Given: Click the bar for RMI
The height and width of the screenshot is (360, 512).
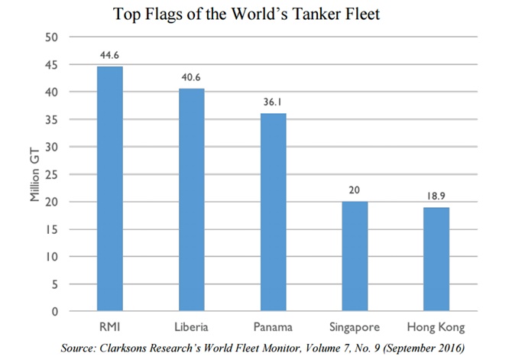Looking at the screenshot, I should pyautogui.click(x=109, y=189).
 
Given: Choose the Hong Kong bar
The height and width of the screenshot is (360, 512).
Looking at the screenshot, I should pyautogui.click(x=436, y=260).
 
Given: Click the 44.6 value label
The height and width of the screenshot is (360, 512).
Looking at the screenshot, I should pyautogui.click(x=109, y=55).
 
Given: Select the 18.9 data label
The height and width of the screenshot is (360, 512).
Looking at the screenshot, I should pyautogui.click(x=436, y=196).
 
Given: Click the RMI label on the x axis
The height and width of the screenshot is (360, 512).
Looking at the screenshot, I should pyautogui.click(x=109, y=327).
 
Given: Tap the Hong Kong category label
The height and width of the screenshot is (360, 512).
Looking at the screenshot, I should pyautogui.click(x=436, y=327).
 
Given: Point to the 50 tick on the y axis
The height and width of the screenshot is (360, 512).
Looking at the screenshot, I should pyautogui.click(x=52, y=37).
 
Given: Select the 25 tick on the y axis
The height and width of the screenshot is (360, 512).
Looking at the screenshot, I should pyautogui.click(x=52, y=174).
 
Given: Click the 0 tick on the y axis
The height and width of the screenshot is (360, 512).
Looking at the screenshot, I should pyautogui.click(x=55, y=312).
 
